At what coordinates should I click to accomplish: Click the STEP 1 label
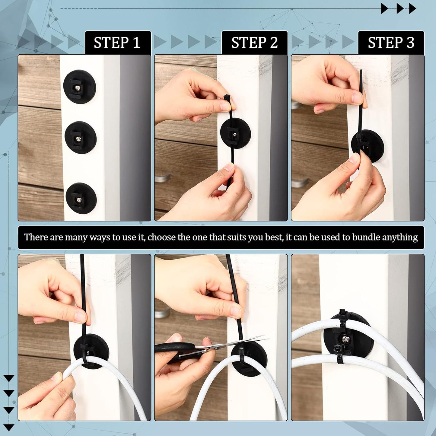point(117,43)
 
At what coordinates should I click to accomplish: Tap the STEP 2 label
point(254,43)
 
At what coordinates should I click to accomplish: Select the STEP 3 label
point(391,43)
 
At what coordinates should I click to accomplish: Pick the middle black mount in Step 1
point(80,138)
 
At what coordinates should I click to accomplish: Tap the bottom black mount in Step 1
point(81,199)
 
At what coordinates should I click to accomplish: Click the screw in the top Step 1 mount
point(78,88)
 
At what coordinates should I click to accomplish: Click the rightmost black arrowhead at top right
point(412,8)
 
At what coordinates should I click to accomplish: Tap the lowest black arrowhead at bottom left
point(9,427)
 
